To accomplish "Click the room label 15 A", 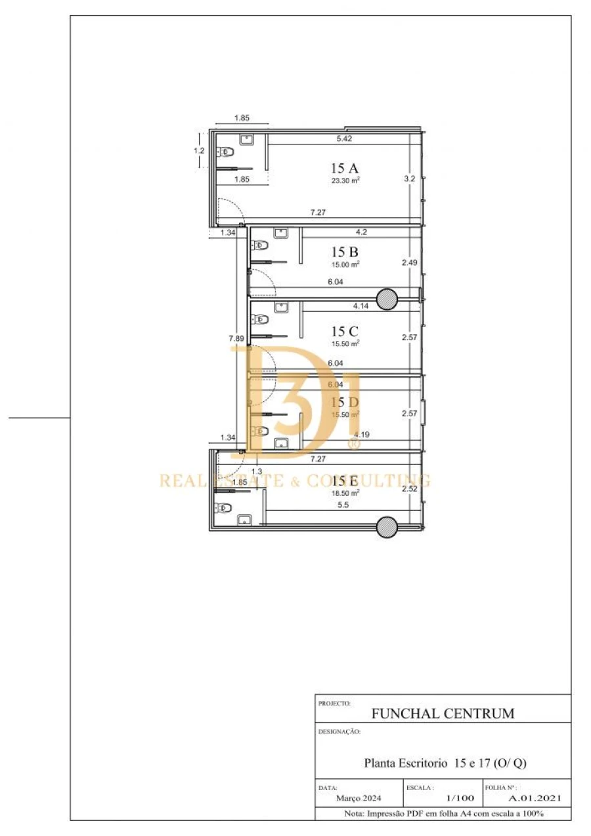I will (x=345, y=167).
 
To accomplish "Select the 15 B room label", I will (x=345, y=252).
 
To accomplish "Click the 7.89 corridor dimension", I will (x=236, y=338).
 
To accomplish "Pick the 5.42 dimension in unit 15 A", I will (x=345, y=139).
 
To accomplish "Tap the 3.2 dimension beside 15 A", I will (x=409, y=178).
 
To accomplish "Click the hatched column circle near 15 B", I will (x=387, y=297).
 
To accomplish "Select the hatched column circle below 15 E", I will (x=387, y=525).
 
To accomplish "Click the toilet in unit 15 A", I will (x=227, y=152).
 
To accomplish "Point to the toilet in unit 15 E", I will (x=223, y=508).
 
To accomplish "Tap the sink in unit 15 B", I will (x=282, y=233).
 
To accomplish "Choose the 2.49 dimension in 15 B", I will (x=410, y=263).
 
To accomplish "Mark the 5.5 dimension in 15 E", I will (x=343, y=504).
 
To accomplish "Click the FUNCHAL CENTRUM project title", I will (x=443, y=713).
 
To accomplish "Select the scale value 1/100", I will (x=460, y=798).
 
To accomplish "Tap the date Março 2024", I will (x=358, y=798).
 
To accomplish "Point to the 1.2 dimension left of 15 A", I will (x=199, y=150).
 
